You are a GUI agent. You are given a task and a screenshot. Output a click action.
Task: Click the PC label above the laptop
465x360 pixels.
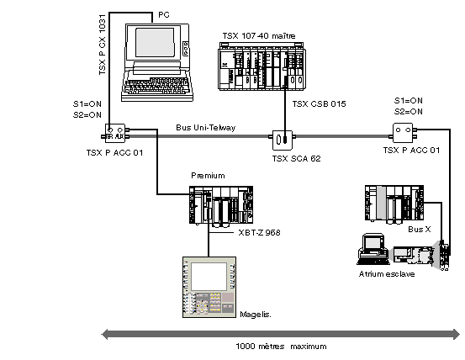(x=164, y=15)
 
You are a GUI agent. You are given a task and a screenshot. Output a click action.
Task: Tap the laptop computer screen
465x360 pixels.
(x=155, y=42)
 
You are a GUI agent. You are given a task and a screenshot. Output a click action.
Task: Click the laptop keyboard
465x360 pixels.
(x=156, y=86)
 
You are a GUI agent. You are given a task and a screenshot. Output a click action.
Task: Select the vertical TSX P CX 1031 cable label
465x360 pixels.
(x=103, y=45)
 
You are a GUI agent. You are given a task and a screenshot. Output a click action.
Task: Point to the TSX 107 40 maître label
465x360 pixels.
(x=259, y=36)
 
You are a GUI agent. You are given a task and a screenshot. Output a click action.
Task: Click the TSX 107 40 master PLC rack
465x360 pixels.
(x=262, y=66)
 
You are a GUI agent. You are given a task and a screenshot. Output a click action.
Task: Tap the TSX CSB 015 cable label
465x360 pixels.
(x=319, y=104)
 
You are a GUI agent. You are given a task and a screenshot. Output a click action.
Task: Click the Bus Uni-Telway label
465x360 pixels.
(x=205, y=128)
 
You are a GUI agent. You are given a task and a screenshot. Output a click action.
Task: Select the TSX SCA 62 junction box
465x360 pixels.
(x=283, y=140)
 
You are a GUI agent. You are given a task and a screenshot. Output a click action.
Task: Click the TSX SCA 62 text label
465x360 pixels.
(x=296, y=159)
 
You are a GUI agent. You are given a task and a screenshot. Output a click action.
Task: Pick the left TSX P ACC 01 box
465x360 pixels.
(x=115, y=133)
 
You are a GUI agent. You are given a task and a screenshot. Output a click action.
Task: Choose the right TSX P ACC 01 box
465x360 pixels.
(x=403, y=133)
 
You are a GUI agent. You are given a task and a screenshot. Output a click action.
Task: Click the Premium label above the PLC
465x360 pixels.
(x=208, y=176)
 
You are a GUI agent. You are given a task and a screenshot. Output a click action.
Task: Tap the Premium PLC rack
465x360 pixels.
(x=221, y=205)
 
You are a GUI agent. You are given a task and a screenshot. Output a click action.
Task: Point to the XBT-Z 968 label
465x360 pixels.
(x=259, y=232)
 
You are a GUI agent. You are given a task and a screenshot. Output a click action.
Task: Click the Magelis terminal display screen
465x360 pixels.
(x=209, y=277)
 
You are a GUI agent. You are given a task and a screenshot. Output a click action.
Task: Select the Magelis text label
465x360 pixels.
(x=256, y=315)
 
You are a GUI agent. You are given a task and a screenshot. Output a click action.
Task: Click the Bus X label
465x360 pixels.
(x=420, y=230)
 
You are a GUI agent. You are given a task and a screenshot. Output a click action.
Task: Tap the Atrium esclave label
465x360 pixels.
(x=387, y=274)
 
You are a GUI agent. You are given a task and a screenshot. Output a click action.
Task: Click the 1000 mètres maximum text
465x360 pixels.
(x=281, y=347)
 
